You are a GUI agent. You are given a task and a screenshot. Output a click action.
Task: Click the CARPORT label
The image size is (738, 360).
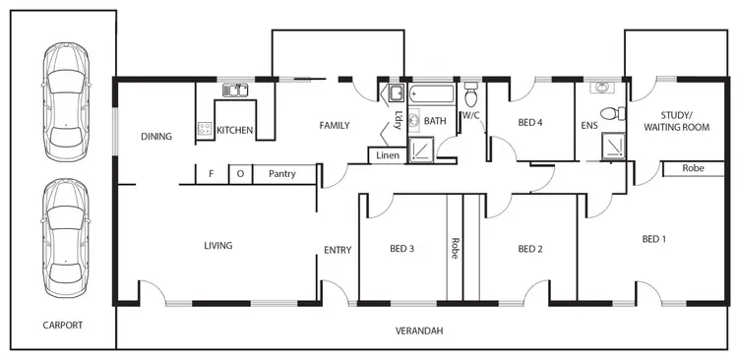coord(63,325)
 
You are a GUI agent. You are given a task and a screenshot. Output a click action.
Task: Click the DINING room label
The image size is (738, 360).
coord(157,137)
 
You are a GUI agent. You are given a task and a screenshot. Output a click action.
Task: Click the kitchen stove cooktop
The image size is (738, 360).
coord(207,127)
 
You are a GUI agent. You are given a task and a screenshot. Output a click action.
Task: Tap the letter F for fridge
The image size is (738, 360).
coord(211,174)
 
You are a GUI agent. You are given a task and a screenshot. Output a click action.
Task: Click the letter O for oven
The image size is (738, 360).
coord(240,174)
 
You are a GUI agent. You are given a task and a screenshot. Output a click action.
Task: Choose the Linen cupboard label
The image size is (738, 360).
coord(388,155)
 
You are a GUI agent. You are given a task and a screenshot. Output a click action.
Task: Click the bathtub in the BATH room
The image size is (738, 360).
coord(432,93)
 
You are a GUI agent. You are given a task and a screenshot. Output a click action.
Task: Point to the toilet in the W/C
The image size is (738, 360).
coord(470,95)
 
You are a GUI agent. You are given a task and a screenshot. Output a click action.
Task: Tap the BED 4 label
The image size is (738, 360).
coord(529,122)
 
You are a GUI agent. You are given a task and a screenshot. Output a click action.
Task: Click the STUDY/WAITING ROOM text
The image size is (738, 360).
coord(676,121)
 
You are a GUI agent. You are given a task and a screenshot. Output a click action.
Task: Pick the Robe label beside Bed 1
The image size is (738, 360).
coord(693,168)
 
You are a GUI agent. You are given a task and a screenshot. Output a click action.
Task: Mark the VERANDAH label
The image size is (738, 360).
coord(420,331)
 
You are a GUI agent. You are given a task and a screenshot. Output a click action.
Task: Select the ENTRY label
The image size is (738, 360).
coord(338,250)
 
